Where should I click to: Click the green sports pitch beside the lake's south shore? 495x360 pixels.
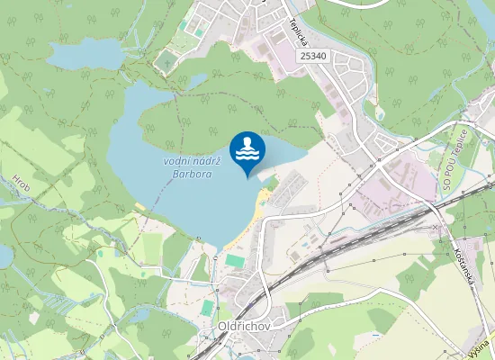(234, 260)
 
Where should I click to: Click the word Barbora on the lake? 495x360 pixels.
(192, 174)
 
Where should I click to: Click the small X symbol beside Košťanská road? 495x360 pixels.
(436, 229)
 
